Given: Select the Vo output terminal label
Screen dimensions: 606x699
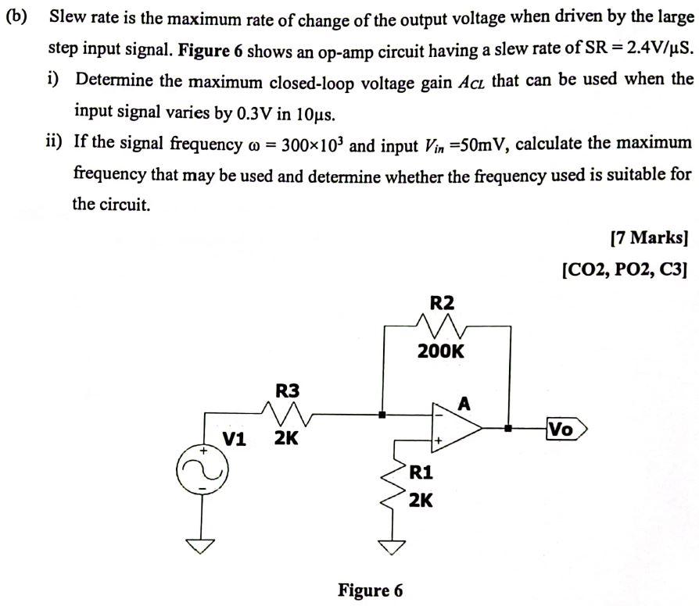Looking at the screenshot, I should (x=562, y=429).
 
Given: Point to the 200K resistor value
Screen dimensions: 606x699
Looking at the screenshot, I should (x=440, y=351).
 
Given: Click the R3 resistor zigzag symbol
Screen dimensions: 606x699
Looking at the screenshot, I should (x=287, y=413).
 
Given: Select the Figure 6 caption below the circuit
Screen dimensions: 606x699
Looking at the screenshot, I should (x=371, y=590).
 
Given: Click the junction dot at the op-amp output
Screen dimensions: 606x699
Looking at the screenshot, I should (x=509, y=428).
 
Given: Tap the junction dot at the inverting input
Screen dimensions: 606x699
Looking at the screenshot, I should (x=382, y=415).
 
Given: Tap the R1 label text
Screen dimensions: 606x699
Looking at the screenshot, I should (x=421, y=472).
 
